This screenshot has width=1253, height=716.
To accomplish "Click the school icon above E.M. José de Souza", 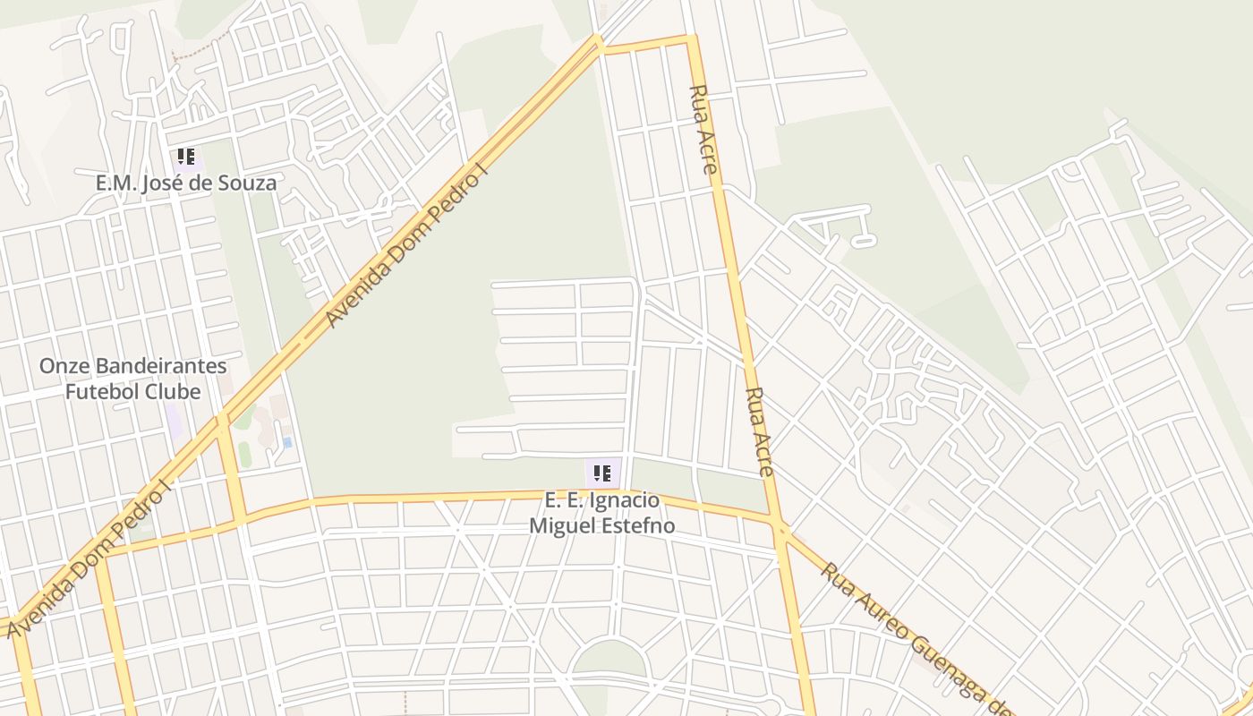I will tap(186, 158).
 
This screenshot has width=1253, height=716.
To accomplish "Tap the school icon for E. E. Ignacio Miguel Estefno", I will tap(602, 473).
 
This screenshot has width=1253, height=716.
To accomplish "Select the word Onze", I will tap(64, 366).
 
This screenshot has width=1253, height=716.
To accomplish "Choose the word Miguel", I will tap(560, 525).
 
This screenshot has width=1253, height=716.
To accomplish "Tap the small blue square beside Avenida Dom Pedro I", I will tap(287, 442).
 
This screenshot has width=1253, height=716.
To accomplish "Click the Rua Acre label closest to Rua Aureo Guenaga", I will tap(759, 431).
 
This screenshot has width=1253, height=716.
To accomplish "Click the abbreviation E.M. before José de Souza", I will tap(115, 183).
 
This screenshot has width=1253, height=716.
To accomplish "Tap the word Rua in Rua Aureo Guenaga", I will tap(838, 578).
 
